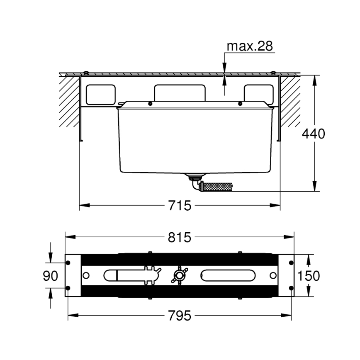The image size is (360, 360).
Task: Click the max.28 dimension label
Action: click(x=249, y=46)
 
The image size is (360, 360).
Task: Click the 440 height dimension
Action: click(x=313, y=134)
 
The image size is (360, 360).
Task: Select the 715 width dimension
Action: click(x=180, y=205)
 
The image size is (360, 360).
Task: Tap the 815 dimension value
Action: click(x=180, y=237)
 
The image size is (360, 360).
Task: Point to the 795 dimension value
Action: click(x=180, y=316)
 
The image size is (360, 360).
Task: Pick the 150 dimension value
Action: click(x=309, y=276)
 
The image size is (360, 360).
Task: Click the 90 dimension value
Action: click(x=51, y=276)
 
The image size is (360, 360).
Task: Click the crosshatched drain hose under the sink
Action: click(x=215, y=187)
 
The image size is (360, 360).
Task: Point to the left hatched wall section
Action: click(x=69, y=101)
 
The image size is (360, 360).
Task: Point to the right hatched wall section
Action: click(x=291, y=101)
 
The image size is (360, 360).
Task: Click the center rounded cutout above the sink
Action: click(x=180, y=92)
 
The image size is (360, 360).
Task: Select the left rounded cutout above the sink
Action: click(x=100, y=95)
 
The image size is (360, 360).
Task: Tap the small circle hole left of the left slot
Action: click(x=86, y=275)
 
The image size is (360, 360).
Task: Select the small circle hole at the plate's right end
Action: click(x=273, y=275)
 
